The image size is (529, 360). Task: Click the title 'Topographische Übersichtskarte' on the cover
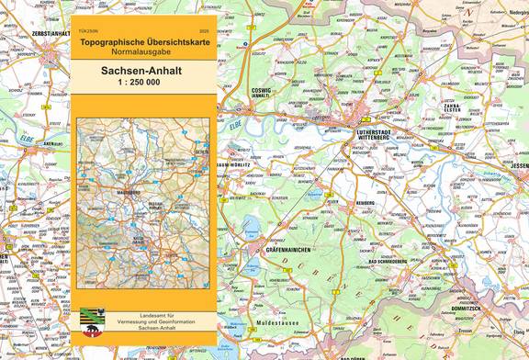click(x=144, y=43)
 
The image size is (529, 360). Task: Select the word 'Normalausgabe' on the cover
click(x=144, y=54)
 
